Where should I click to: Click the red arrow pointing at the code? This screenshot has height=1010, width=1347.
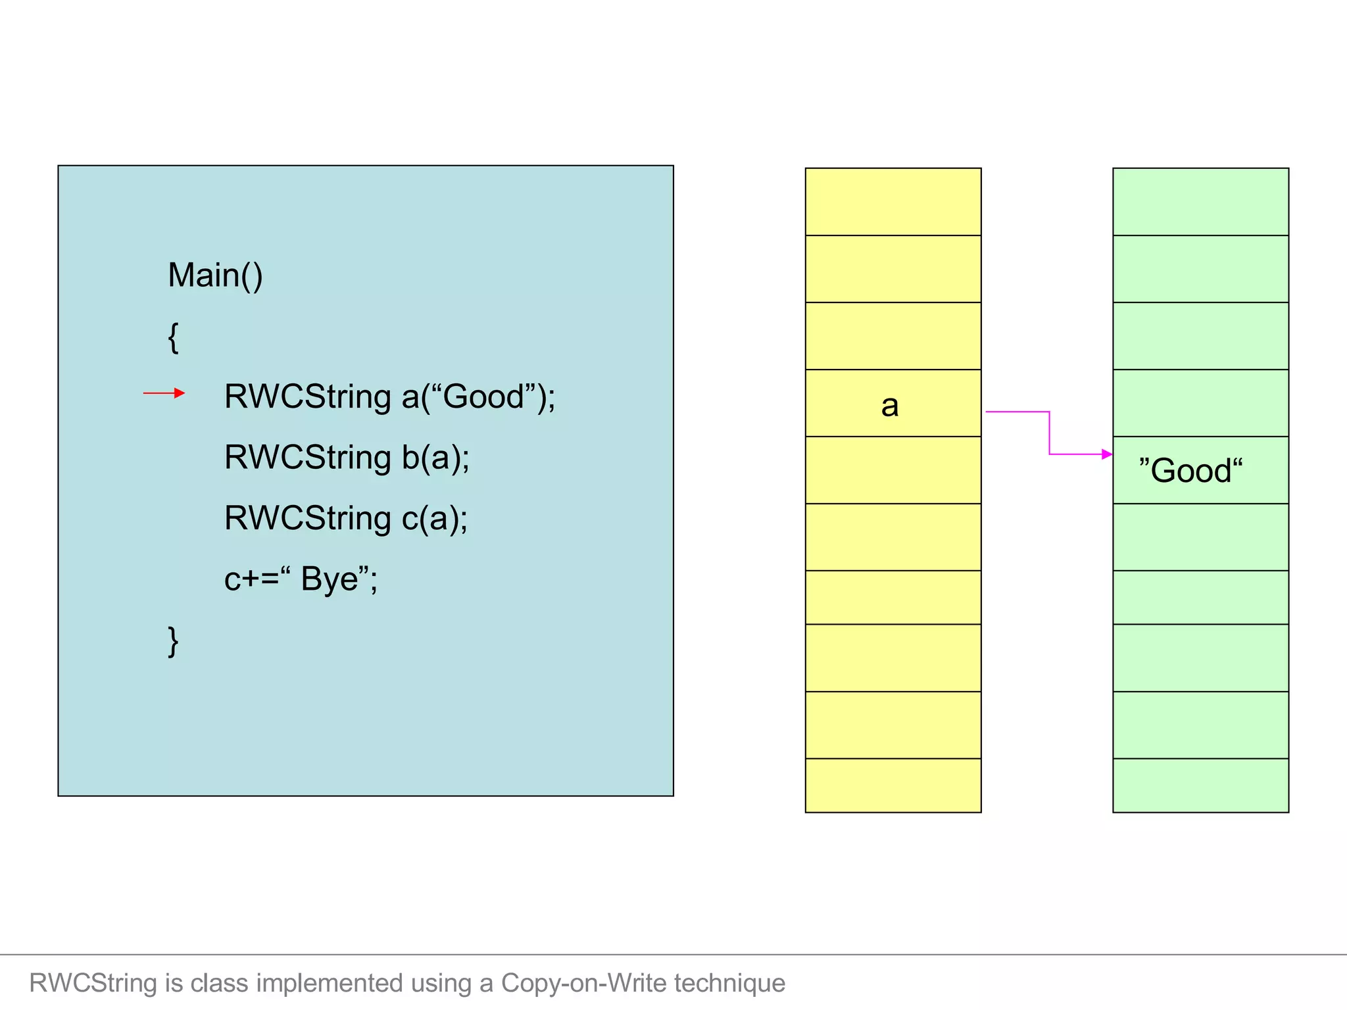pos(164,393)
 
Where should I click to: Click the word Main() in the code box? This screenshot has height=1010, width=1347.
pos(215,275)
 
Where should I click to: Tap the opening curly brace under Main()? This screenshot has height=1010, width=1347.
pos(173,338)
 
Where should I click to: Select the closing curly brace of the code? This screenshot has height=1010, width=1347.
pos(173,641)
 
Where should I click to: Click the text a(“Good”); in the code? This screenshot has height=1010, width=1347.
pos(478,397)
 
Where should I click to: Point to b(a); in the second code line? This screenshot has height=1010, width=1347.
pos(435,457)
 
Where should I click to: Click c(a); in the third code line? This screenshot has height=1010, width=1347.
pos(434,518)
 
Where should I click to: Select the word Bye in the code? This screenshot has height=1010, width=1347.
pos(329,579)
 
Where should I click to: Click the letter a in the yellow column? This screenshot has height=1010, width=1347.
pos(889,405)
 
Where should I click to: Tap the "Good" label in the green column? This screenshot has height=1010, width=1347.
pos(1190,471)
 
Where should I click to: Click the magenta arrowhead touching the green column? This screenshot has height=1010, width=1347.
pos(1107,454)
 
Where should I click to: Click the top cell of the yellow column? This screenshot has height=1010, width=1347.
pos(893,201)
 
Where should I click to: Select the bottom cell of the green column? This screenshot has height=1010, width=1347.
pos(1200,785)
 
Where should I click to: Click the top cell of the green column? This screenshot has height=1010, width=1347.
pos(1200,201)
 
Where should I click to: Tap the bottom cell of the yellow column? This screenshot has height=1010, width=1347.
pos(893,785)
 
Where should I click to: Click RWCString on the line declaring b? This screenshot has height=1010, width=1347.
pos(307,457)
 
